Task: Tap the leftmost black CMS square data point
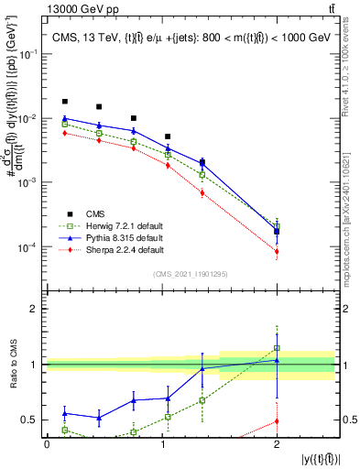[64, 102]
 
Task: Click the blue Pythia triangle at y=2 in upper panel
[277, 230]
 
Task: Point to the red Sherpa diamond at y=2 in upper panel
[277, 251]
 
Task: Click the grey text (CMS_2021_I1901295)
[191, 274]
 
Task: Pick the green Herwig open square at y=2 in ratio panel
[277, 348]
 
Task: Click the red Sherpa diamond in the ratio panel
[277, 421]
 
